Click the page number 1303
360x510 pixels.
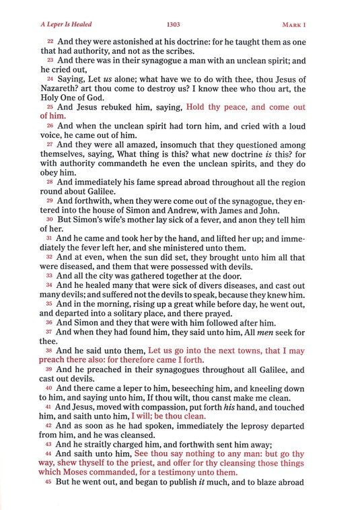tap(180, 25)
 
